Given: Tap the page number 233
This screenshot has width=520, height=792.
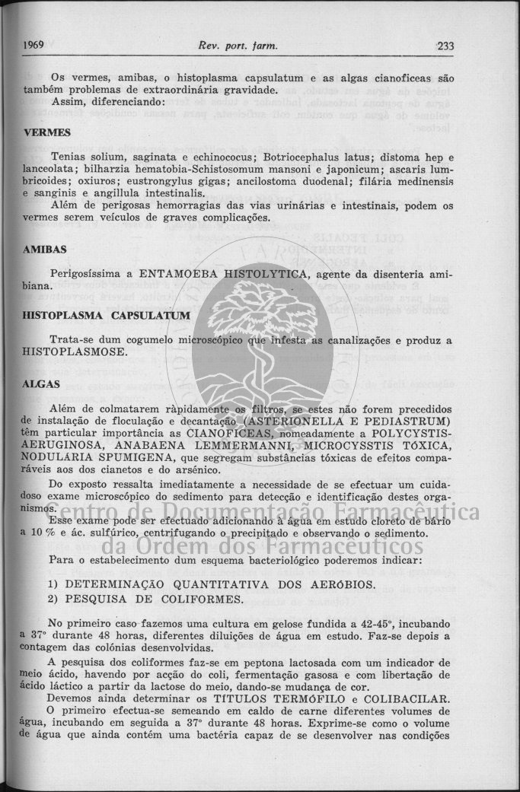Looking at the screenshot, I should [x=445, y=46].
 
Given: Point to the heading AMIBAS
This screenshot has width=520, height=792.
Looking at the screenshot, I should [x=45, y=249].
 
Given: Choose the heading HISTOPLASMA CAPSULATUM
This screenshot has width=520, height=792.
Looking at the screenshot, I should [x=95, y=314].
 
